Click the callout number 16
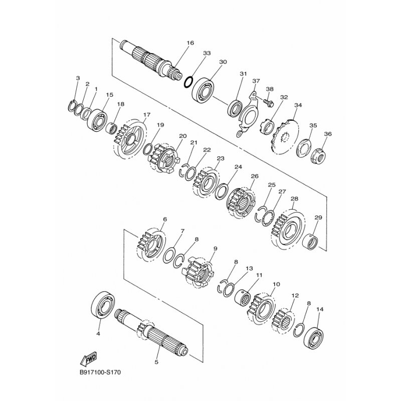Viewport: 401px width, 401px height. pos(190,43)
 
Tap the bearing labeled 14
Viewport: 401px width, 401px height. pos(315,337)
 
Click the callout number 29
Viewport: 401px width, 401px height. pos(318,218)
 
